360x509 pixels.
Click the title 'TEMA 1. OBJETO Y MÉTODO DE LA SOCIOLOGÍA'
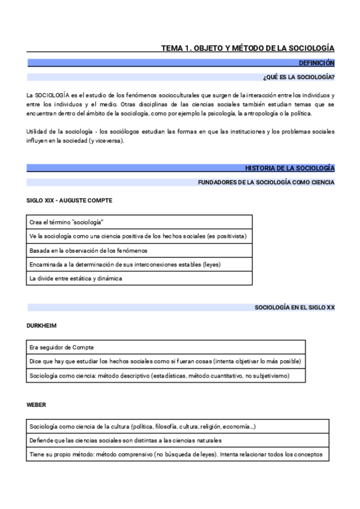tap(248, 48)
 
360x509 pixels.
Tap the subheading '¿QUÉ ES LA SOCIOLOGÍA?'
tap(299, 77)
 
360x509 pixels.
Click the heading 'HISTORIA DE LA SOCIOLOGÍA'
tap(290, 168)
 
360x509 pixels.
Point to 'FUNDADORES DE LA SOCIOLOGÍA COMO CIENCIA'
tap(266, 182)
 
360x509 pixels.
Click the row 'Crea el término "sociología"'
tap(66, 222)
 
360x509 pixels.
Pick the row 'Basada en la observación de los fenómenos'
tap(88, 250)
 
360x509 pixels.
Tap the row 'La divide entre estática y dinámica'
tap(76, 279)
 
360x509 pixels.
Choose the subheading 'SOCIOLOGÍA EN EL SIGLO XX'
tap(295, 307)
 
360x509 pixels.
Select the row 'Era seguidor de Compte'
tap(61, 348)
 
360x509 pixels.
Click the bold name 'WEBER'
tap(37, 405)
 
